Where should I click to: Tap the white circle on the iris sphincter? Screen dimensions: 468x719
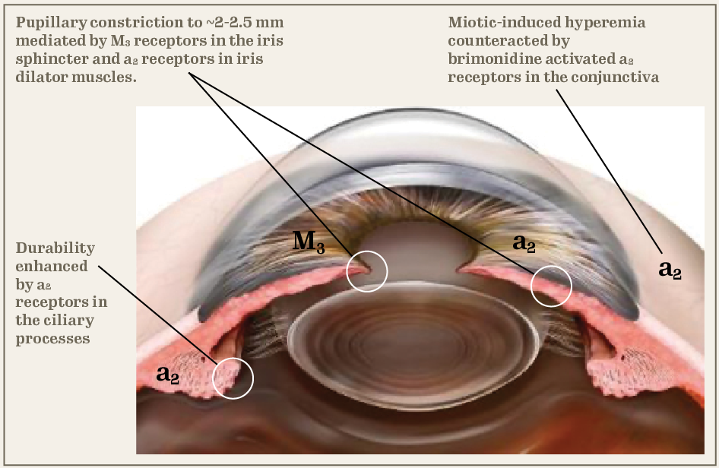click(x=366, y=270)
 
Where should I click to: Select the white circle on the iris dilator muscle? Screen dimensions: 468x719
click(x=551, y=286)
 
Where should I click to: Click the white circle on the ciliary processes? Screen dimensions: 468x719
click(x=232, y=378)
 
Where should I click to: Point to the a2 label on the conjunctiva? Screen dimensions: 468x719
click(x=669, y=269)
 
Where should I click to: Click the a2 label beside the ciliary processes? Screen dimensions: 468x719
click(x=168, y=374)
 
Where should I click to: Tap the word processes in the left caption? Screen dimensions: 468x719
click(x=52, y=339)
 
